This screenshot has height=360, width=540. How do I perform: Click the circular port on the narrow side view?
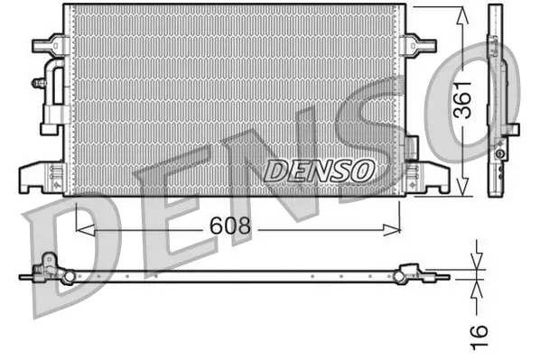pos(498,155)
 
